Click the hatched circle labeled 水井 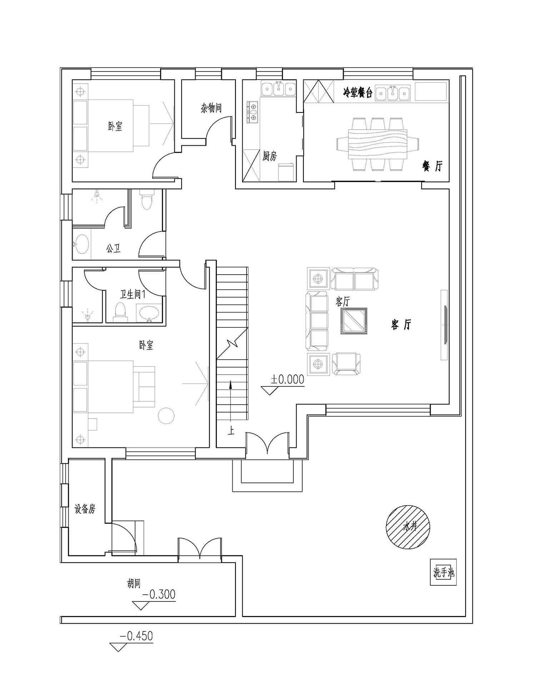[x=408, y=527]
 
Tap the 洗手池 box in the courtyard [x=443, y=572]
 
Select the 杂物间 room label [x=211, y=107]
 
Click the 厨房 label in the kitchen [x=269, y=156]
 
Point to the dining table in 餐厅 [x=378, y=144]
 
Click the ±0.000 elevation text [x=287, y=379]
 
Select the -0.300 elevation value [x=159, y=594]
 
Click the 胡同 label [x=134, y=584]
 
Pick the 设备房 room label [x=85, y=509]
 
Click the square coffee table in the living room [x=353, y=321]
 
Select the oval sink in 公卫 [x=82, y=244]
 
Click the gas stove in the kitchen [x=253, y=112]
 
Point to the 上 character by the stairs [x=231, y=431]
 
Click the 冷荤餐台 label [x=358, y=93]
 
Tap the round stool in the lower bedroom [x=166, y=415]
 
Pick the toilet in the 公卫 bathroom [x=147, y=200]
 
